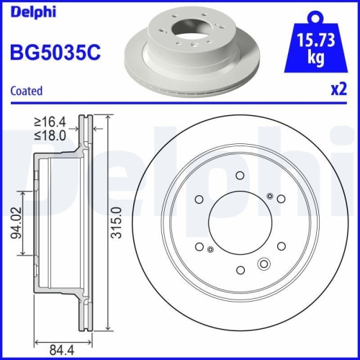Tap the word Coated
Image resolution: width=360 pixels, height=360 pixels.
[x=26, y=91]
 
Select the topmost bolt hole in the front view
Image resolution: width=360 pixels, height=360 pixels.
[x=238, y=175]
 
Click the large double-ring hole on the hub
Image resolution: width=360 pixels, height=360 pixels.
[x=264, y=264]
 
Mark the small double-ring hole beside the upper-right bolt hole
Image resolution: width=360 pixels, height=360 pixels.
[x=269, y=195]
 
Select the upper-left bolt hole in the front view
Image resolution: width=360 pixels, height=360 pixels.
[x=198, y=199]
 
